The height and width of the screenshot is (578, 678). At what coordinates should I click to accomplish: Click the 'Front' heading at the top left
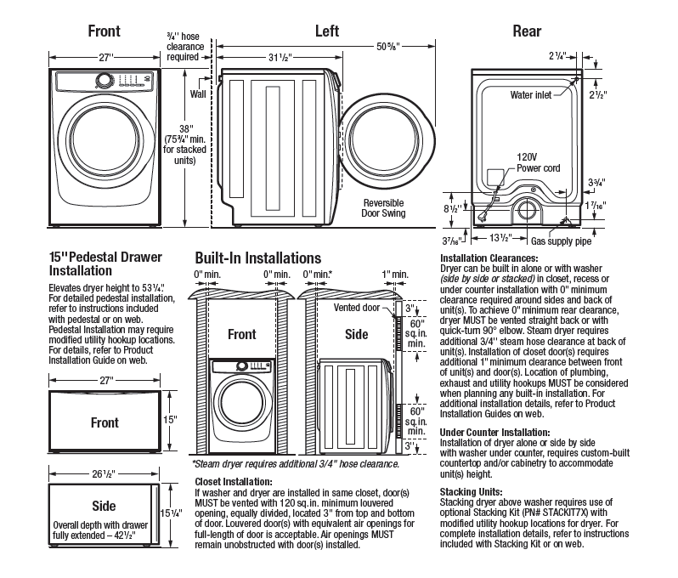click(x=105, y=31)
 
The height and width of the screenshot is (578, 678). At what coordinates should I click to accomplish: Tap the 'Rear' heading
click(x=528, y=31)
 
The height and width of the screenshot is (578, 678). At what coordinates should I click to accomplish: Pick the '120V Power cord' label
click(x=538, y=162)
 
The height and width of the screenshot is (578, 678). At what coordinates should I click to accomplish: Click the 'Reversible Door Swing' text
click(x=383, y=208)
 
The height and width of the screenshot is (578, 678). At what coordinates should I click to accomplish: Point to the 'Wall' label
click(x=199, y=93)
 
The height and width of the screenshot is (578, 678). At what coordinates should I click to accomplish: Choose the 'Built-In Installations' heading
click(x=257, y=258)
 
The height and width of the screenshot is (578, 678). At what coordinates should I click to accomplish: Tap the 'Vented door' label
click(x=357, y=307)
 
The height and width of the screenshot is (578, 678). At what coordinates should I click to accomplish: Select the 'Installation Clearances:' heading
click(x=489, y=258)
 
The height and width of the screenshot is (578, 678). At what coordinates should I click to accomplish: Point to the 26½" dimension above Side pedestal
click(x=105, y=474)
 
